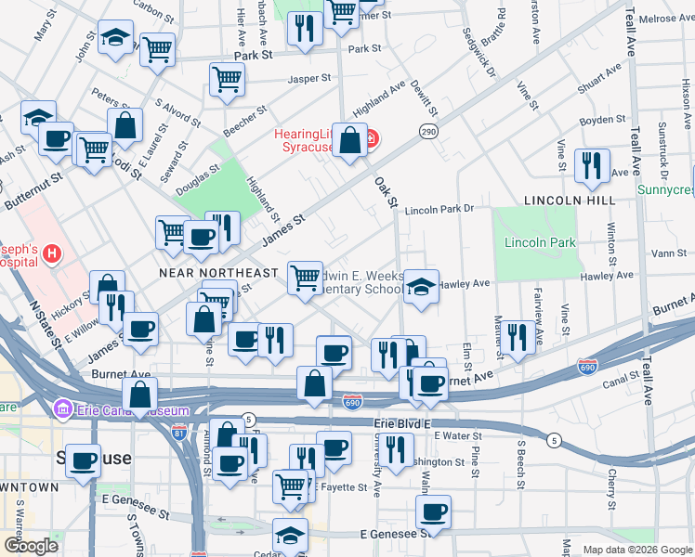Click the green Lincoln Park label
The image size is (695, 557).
coord(539,243)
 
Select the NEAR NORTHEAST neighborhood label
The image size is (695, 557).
coord(218,273)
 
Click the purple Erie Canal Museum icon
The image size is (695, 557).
coord(63,408)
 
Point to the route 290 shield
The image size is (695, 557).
coord(427,133)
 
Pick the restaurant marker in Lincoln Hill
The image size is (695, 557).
coord(591,165)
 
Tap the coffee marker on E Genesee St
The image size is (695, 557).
coord(432,511)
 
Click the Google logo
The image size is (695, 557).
coord(31,547)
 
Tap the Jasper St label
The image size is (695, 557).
coord(283,80)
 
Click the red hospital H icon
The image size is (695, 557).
coord(53,252)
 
